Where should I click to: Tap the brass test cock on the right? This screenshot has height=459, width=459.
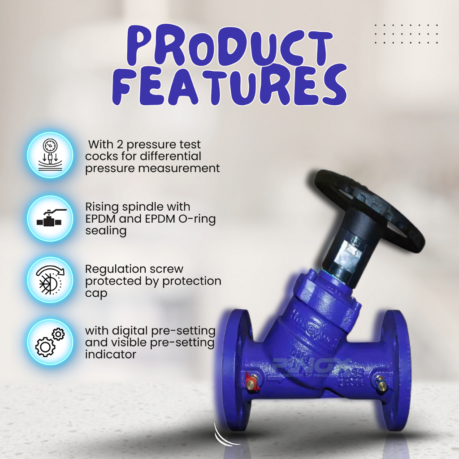(x=381, y=384)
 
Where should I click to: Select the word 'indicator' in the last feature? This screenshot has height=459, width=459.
(x=111, y=355)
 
